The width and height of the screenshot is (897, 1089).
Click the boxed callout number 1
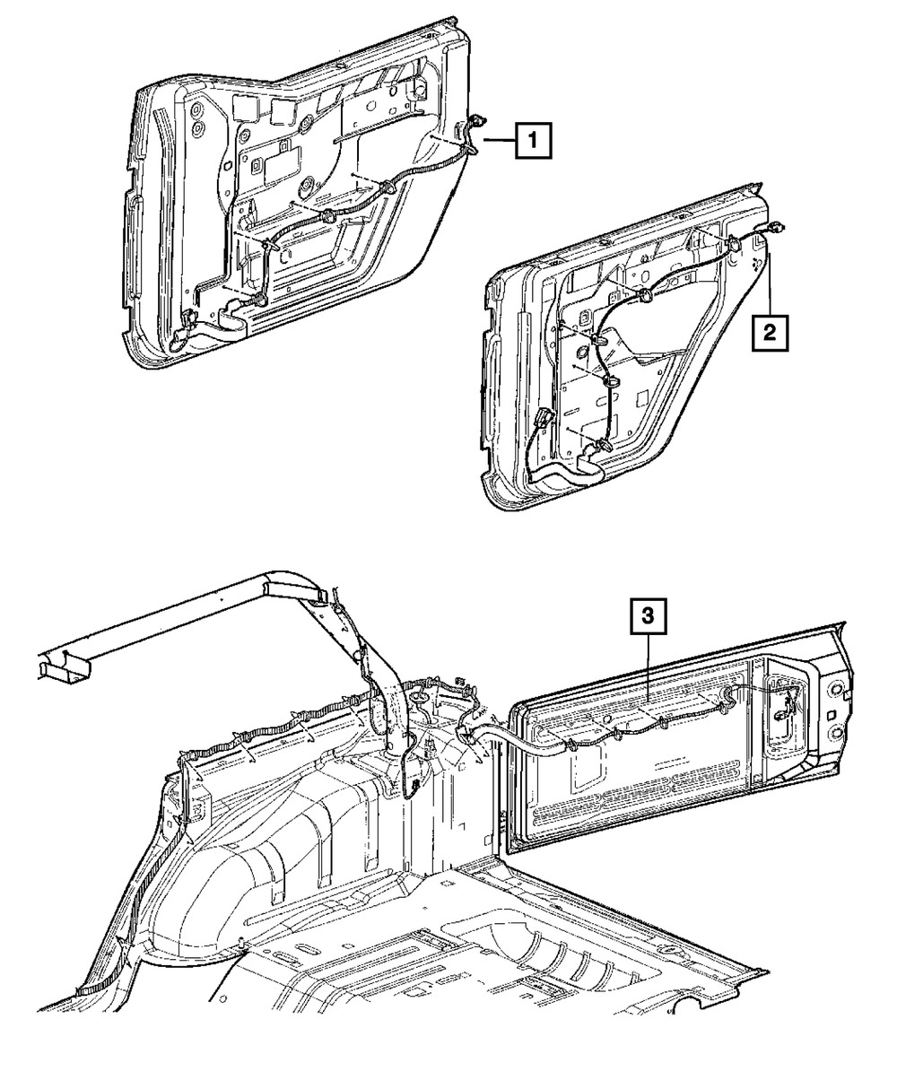tap(533, 140)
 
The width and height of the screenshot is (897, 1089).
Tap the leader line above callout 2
tap(770, 287)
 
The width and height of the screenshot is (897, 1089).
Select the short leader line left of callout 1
tap(499, 140)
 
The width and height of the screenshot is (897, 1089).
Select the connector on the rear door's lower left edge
tap(542, 419)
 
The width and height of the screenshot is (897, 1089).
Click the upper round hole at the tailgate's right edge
tap(836, 692)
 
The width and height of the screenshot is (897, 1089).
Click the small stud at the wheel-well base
tap(244, 942)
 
